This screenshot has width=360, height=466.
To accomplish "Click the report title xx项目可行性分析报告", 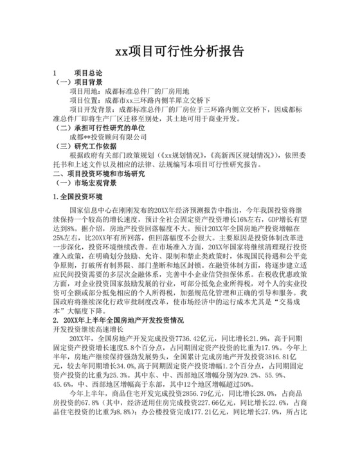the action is [x=179, y=51].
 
